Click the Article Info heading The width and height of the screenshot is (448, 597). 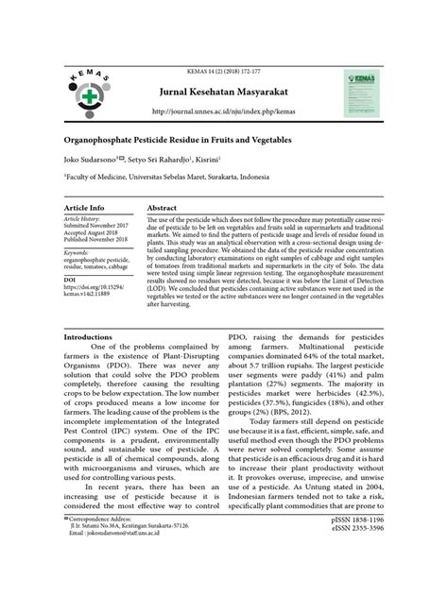pos(84,207)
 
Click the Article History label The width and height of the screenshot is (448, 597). pos(84,219)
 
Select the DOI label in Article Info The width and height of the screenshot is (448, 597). pos(70,281)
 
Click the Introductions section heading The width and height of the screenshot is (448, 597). pos(92,335)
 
